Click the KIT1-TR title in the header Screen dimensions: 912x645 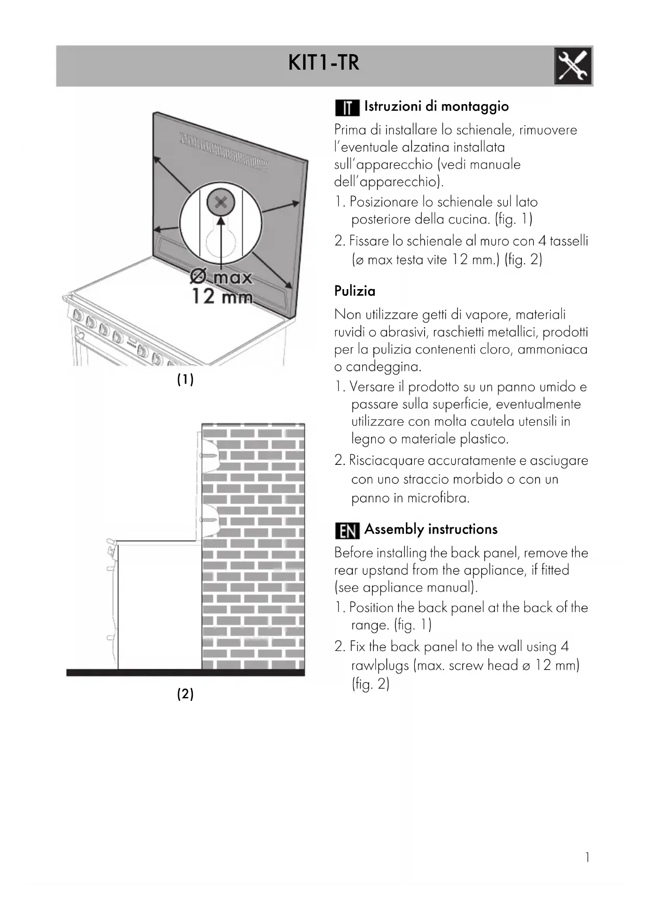(323, 63)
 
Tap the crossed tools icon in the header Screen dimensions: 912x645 (572, 66)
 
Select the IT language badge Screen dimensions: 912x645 (347, 108)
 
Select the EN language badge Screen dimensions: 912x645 (347, 531)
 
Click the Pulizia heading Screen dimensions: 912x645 (354, 291)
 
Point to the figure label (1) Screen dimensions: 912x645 (185, 380)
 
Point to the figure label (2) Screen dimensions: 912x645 (185, 694)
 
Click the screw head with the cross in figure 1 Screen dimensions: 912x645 (221, 203)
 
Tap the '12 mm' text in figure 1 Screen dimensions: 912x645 (222, 297)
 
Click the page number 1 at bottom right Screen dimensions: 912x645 (587, 857)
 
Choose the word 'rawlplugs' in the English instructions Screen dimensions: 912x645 (380, 666)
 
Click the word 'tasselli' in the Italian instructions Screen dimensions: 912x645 (569, 241)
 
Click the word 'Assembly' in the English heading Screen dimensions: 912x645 (394, 529)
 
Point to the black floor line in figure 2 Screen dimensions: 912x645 (185, 673)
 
